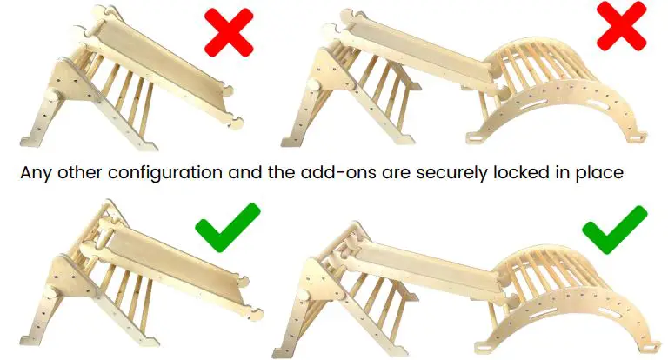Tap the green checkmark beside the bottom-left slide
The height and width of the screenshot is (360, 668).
[x=228, y=229]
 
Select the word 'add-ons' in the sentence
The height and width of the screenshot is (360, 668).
[x=327, y=173]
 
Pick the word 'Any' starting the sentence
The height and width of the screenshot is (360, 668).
[x=33, y=173]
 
